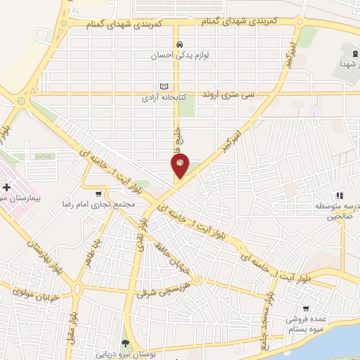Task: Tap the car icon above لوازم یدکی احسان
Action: [x=181, y=42]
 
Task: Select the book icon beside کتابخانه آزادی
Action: [x=165, y=86]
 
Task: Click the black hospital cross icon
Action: [x=7, y=188]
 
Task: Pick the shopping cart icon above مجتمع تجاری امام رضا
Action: [x=99, y=194]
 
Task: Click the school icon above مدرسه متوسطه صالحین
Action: [x=338, y=195]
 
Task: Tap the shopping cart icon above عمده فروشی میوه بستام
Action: [x=306, y=308]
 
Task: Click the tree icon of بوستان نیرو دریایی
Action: [x=126, y=344]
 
